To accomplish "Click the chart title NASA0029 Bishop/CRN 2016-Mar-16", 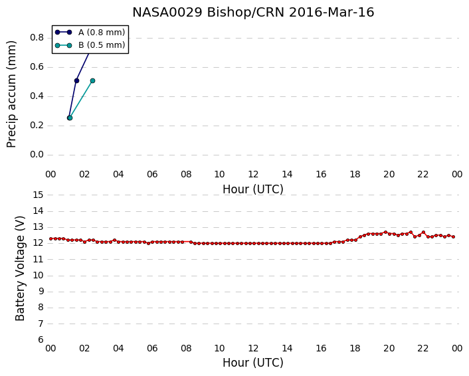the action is coord(253,12).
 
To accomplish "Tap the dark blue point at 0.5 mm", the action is coord(76,81).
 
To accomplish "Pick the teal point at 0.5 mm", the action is coord(93,81).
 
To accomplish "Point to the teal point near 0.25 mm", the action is coord(70,118).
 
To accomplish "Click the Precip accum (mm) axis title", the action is coord(11,94).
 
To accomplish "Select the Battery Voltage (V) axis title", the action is coord(20,268).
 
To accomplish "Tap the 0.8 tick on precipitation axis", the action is coord(37,38).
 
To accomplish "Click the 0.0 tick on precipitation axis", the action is coord(37,155).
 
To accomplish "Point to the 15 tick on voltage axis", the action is coord(38,195).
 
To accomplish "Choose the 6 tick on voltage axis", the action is coord(41,340).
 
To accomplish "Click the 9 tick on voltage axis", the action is coord(41,292).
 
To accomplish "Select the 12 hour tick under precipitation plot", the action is coord(253,174).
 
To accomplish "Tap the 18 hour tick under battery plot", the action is coord(355,349).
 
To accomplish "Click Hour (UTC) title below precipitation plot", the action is coord(253,189).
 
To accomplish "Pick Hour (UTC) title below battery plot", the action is coord(253,363).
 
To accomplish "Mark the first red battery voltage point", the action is coord(51,238).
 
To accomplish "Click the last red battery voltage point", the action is coord(454,237).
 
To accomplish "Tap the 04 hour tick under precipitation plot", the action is coord(118,174).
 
